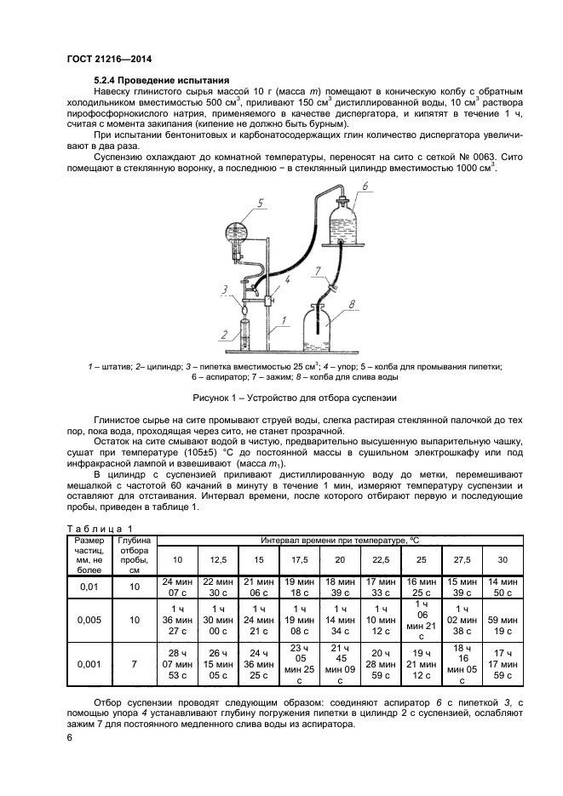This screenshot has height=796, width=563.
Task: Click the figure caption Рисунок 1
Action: pyautogui.click(x=280, y=396)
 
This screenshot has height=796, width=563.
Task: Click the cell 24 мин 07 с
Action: pyautogui.click(x=177, y=586)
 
